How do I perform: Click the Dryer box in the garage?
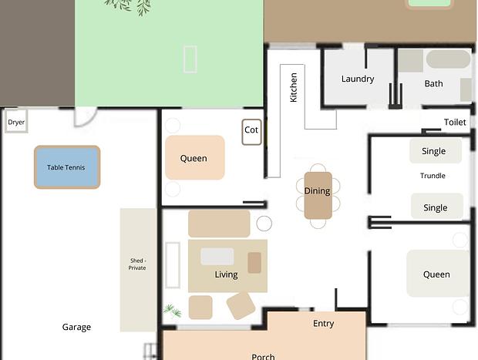click(16, 121)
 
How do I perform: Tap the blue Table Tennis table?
click(67, 167)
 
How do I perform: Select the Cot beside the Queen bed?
click(251, 132)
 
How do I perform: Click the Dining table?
click(318, 195)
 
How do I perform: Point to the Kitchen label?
click(293, 87)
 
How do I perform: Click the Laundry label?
click(358, 79)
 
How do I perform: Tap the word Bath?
click(433, 83)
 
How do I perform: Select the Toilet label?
click(455, 123)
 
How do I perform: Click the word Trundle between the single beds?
click(433, 176)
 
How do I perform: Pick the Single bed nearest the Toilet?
click(436, 151)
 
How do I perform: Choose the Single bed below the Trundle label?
click(437, 207)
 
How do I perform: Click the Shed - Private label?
click(137, 264)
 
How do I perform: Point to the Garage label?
click(76, 327)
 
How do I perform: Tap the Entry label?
click(324, 324)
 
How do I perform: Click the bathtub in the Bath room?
click(448, 59)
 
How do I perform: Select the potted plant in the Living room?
click(172, 311)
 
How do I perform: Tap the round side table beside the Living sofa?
click(264, 224)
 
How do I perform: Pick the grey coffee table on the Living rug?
click(217, 257)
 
